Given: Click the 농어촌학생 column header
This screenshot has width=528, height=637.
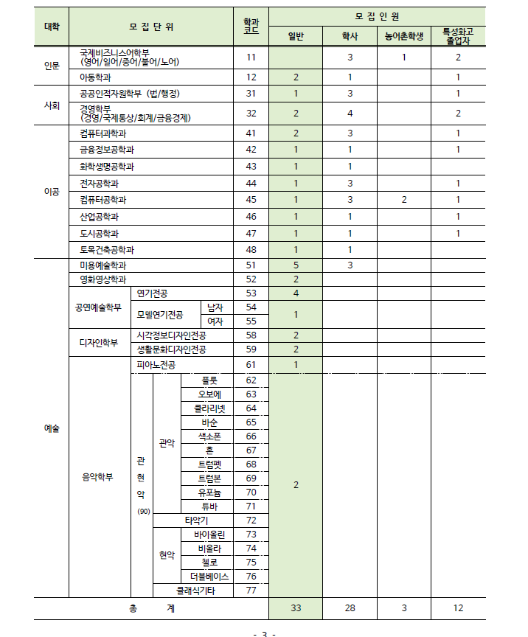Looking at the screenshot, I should pos(404,35).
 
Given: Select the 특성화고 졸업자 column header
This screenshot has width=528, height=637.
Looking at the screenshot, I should pos(458,35).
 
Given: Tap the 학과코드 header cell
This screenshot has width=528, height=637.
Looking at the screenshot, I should pos(251,27).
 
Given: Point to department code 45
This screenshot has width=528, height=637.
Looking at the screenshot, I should pos(251,200).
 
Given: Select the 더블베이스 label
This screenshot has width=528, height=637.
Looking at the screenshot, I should pos(209,576).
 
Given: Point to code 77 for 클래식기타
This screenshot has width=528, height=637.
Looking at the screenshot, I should pos(251,590).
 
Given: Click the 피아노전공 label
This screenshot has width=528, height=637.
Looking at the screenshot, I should pos(156,365).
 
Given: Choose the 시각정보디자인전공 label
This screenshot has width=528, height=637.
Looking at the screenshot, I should pos(172,335).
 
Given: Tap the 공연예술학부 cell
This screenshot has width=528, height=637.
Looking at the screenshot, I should pos(98,307).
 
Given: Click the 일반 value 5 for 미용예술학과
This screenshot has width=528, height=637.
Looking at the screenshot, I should pos(296,265).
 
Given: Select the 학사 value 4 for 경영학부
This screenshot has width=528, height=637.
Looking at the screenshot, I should pos(350,113).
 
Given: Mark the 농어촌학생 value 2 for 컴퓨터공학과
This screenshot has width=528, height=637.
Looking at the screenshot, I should pos(404,200).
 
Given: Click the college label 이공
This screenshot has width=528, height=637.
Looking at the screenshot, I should pos(52,192).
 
